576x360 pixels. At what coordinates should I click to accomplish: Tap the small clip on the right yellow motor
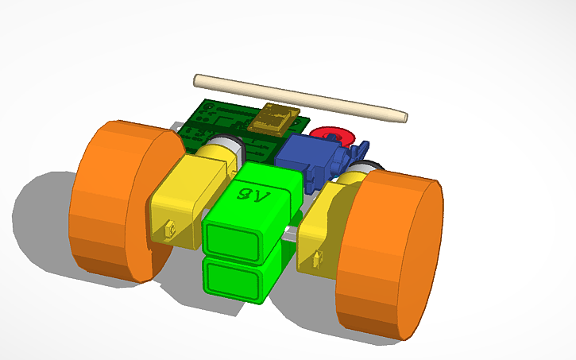pos(319,258)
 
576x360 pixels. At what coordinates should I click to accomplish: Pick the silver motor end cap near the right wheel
pos(364,168)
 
